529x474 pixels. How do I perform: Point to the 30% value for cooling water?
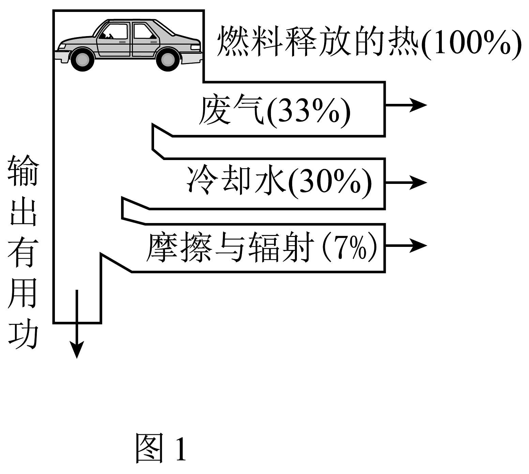click(330, 183)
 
